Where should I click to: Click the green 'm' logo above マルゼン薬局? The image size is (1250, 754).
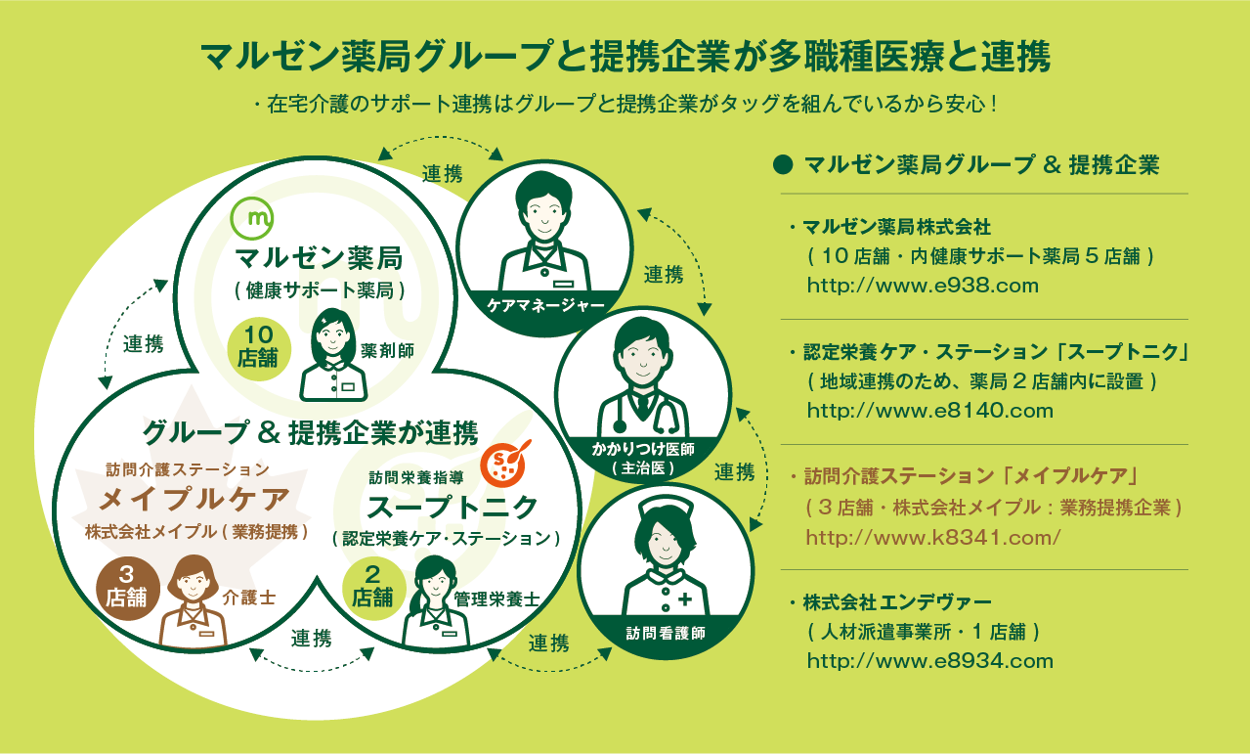(252, 218)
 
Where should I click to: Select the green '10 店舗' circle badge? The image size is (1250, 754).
(259, 349)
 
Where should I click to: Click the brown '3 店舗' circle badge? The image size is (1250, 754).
(128, 589)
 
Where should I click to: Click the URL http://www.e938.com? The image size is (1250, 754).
(923, 286)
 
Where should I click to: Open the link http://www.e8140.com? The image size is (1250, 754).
(930, 411)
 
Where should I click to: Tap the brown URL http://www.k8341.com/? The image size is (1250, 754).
(933, 537)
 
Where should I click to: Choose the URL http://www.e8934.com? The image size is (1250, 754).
(930, 661)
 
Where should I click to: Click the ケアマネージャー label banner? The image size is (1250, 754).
(545, 305)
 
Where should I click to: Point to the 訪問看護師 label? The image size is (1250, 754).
(666, 633)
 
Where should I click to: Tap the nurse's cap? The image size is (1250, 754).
(666, 507)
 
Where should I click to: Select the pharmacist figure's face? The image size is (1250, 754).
(332, 338)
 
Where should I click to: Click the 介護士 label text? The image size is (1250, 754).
(249, 598)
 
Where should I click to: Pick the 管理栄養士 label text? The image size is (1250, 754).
(496, 599)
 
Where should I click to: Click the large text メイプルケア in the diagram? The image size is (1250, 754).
(194, 499)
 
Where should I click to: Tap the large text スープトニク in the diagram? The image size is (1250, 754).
(452, 508)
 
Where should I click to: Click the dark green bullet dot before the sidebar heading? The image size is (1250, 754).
(783, 164)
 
